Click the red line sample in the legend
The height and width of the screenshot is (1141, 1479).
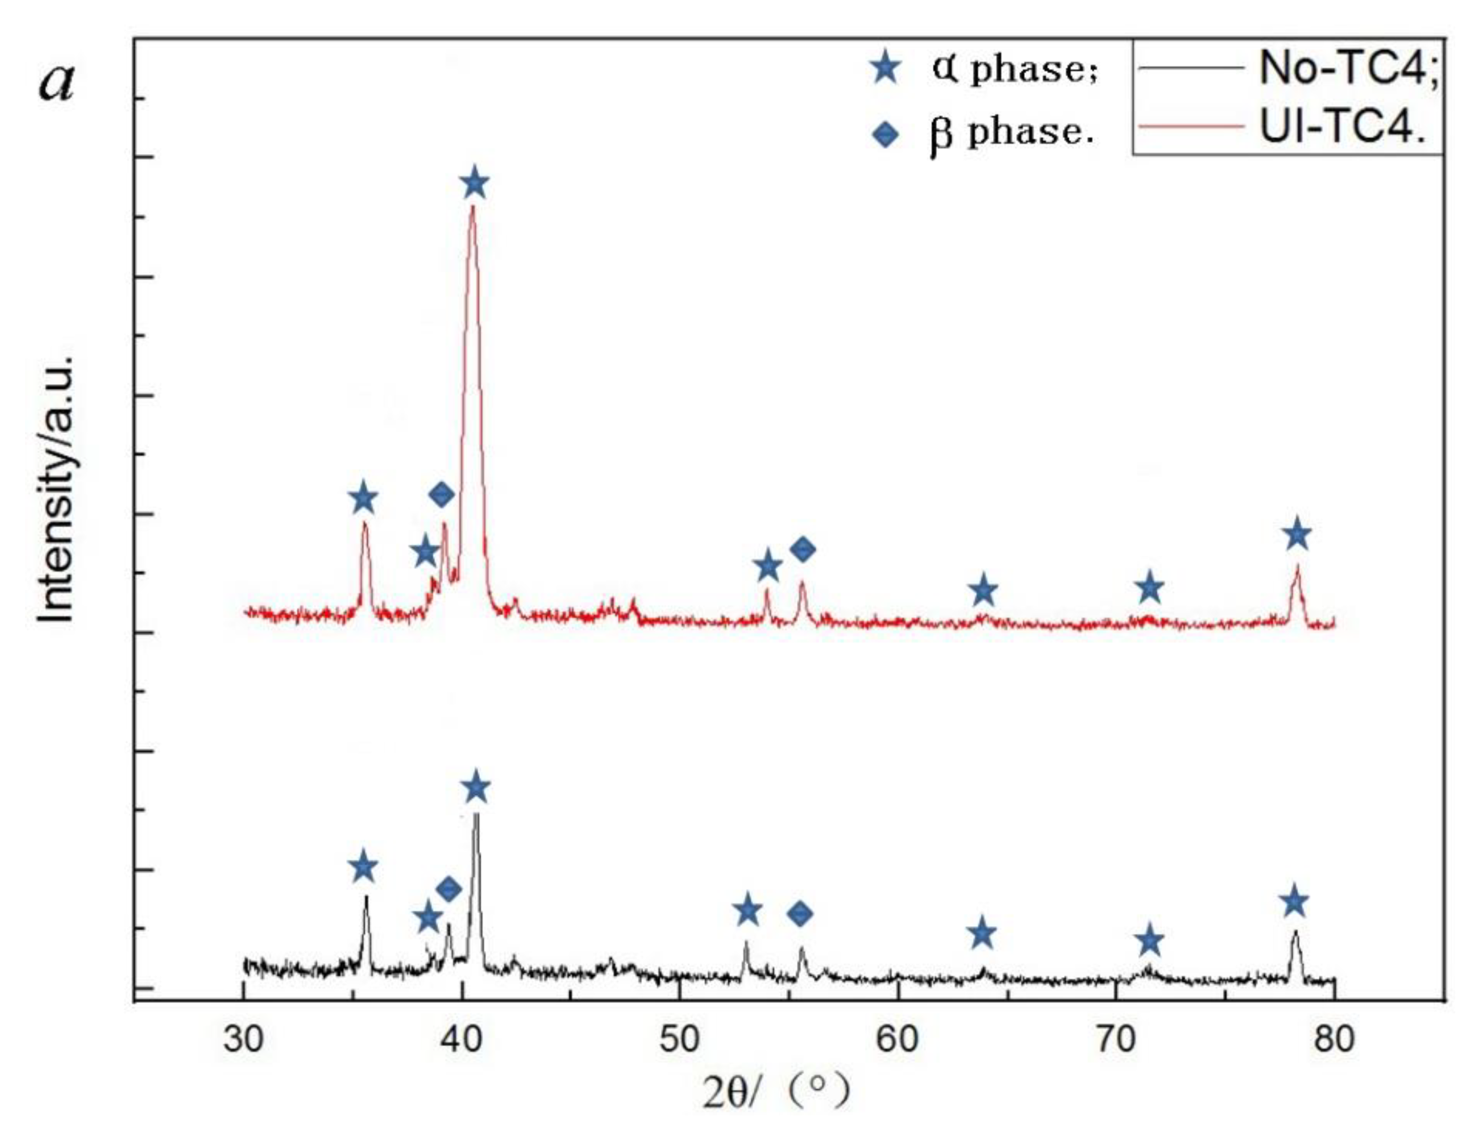pos(1190,127)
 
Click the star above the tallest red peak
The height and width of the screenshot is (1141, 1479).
pos(475,184)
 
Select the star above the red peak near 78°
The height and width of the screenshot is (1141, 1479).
pos(1297,535)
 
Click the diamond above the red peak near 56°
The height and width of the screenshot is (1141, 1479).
pos(803,549)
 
